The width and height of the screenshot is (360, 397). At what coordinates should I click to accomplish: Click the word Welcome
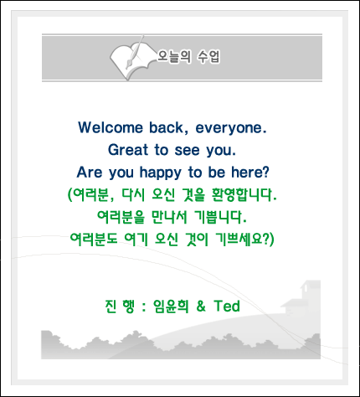pos(111,127)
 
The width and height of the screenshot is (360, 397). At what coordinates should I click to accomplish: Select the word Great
pos(128,150)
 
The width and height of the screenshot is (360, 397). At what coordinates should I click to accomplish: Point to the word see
pos(188,151)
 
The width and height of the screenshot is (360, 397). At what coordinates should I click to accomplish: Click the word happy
pos(161,173)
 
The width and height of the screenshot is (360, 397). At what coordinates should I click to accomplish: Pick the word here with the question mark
pos(250,172)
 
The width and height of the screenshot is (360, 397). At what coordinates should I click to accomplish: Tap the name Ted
pos(227,306)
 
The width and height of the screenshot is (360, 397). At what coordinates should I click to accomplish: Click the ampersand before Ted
pos(201,306)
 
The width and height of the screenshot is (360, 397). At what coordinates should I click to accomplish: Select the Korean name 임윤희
pos(171,307)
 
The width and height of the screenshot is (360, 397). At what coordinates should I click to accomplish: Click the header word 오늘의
pos(174,56)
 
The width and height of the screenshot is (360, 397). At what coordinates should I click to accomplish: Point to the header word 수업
pos(208,56)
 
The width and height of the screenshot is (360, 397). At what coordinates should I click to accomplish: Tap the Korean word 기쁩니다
pos(220,217)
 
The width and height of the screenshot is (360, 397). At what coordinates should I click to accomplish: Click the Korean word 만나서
pos(169,217)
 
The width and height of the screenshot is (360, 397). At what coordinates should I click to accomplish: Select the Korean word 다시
pos(133,195)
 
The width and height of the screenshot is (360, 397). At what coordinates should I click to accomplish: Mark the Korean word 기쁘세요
pos(244,240)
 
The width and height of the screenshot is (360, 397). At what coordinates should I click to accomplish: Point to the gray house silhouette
pos(301,298)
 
